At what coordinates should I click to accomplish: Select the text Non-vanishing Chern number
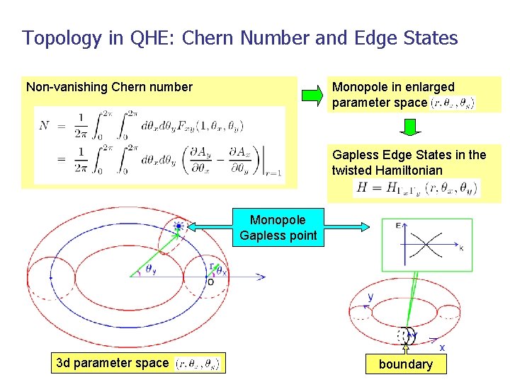[109, 87]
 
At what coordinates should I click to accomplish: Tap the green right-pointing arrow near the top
[311, 93]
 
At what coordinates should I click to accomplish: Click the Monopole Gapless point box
[278, 227]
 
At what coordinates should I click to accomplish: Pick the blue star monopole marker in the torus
[178, 227]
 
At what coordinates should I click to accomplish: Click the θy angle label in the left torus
[152, 269]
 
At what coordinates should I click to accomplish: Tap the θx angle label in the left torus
[222, 270]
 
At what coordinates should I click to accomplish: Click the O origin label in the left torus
[210, 282]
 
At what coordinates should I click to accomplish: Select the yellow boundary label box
[405, 364]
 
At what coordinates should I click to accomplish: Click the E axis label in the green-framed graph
[398, 226]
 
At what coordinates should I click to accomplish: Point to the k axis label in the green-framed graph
[461, 248]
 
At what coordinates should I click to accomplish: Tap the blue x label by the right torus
[441, 347]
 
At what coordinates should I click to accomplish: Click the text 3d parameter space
[112, 363]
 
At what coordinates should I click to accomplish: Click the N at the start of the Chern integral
[45, 125]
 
